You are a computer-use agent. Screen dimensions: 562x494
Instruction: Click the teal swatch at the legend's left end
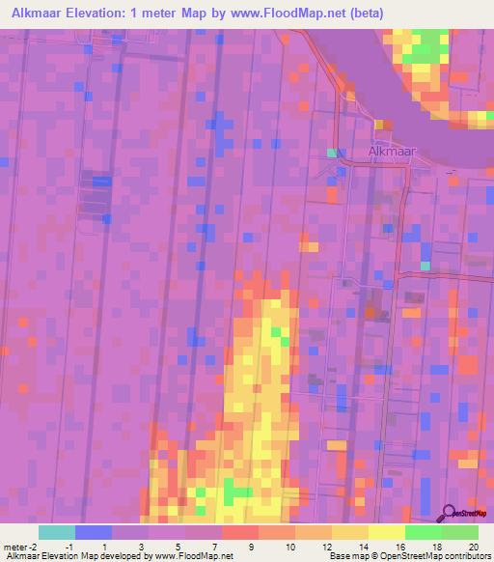click(x=56, y=532)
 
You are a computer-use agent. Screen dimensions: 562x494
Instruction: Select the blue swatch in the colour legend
click(x=93, y=532)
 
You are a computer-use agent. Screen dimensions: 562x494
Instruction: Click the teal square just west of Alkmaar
click(x=333, y=153)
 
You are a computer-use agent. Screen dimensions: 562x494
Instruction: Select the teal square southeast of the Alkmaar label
click(x=425, y=266)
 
